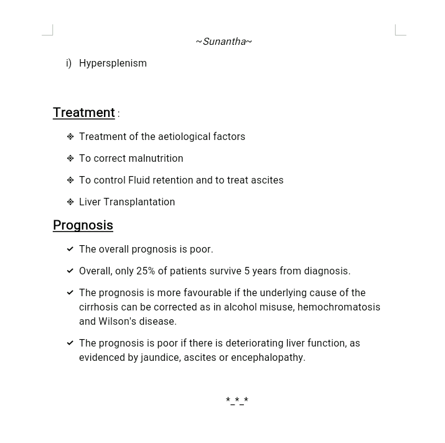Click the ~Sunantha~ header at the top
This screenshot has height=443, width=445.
(x=223, y=42)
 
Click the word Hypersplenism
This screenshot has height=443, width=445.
(x=113, y=63)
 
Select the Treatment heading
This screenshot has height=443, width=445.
(x=84, y=113)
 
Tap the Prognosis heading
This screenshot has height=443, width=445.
(x=83, y=225)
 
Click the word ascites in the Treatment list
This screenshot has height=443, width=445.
(x=268, y=180)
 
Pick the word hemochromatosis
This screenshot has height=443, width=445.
(x=339, y=307)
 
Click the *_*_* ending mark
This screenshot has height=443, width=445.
(x=237, y=401)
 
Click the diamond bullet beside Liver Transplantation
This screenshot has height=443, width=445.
(x=70, y=202)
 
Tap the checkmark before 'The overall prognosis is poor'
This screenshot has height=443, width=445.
(x=70, y=249)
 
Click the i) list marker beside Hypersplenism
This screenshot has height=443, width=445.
(x=68, y=63)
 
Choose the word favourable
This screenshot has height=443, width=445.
(x=211, y=293)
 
